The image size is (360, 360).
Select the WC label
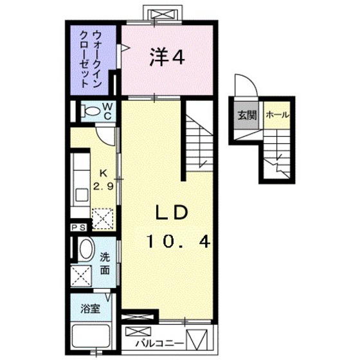tap(108, 111)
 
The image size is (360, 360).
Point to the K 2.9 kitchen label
tap(103, 179)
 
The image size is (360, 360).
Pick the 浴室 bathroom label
tap(89, 308)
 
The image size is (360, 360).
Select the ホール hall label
tap(276, 116)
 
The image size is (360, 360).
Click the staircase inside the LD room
tap(199, 138)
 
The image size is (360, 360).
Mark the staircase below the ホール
tap(278, 154)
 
